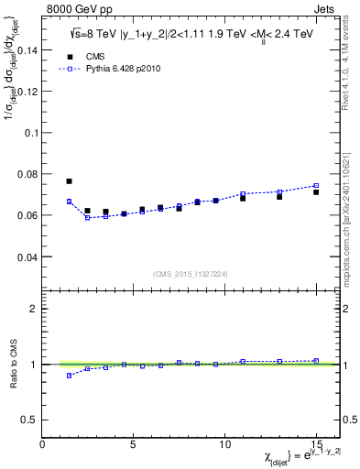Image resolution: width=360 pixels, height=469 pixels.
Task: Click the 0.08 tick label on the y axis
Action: point(27,174)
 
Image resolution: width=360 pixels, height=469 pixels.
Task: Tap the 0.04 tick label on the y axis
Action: point(27,257)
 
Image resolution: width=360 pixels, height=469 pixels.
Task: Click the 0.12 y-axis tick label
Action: point(27,92)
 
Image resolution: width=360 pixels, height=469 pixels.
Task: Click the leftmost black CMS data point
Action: point(69,181)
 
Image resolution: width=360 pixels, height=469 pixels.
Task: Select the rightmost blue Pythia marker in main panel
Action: point(316,186)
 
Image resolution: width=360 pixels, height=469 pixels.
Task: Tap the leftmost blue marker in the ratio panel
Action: point(69,376)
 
